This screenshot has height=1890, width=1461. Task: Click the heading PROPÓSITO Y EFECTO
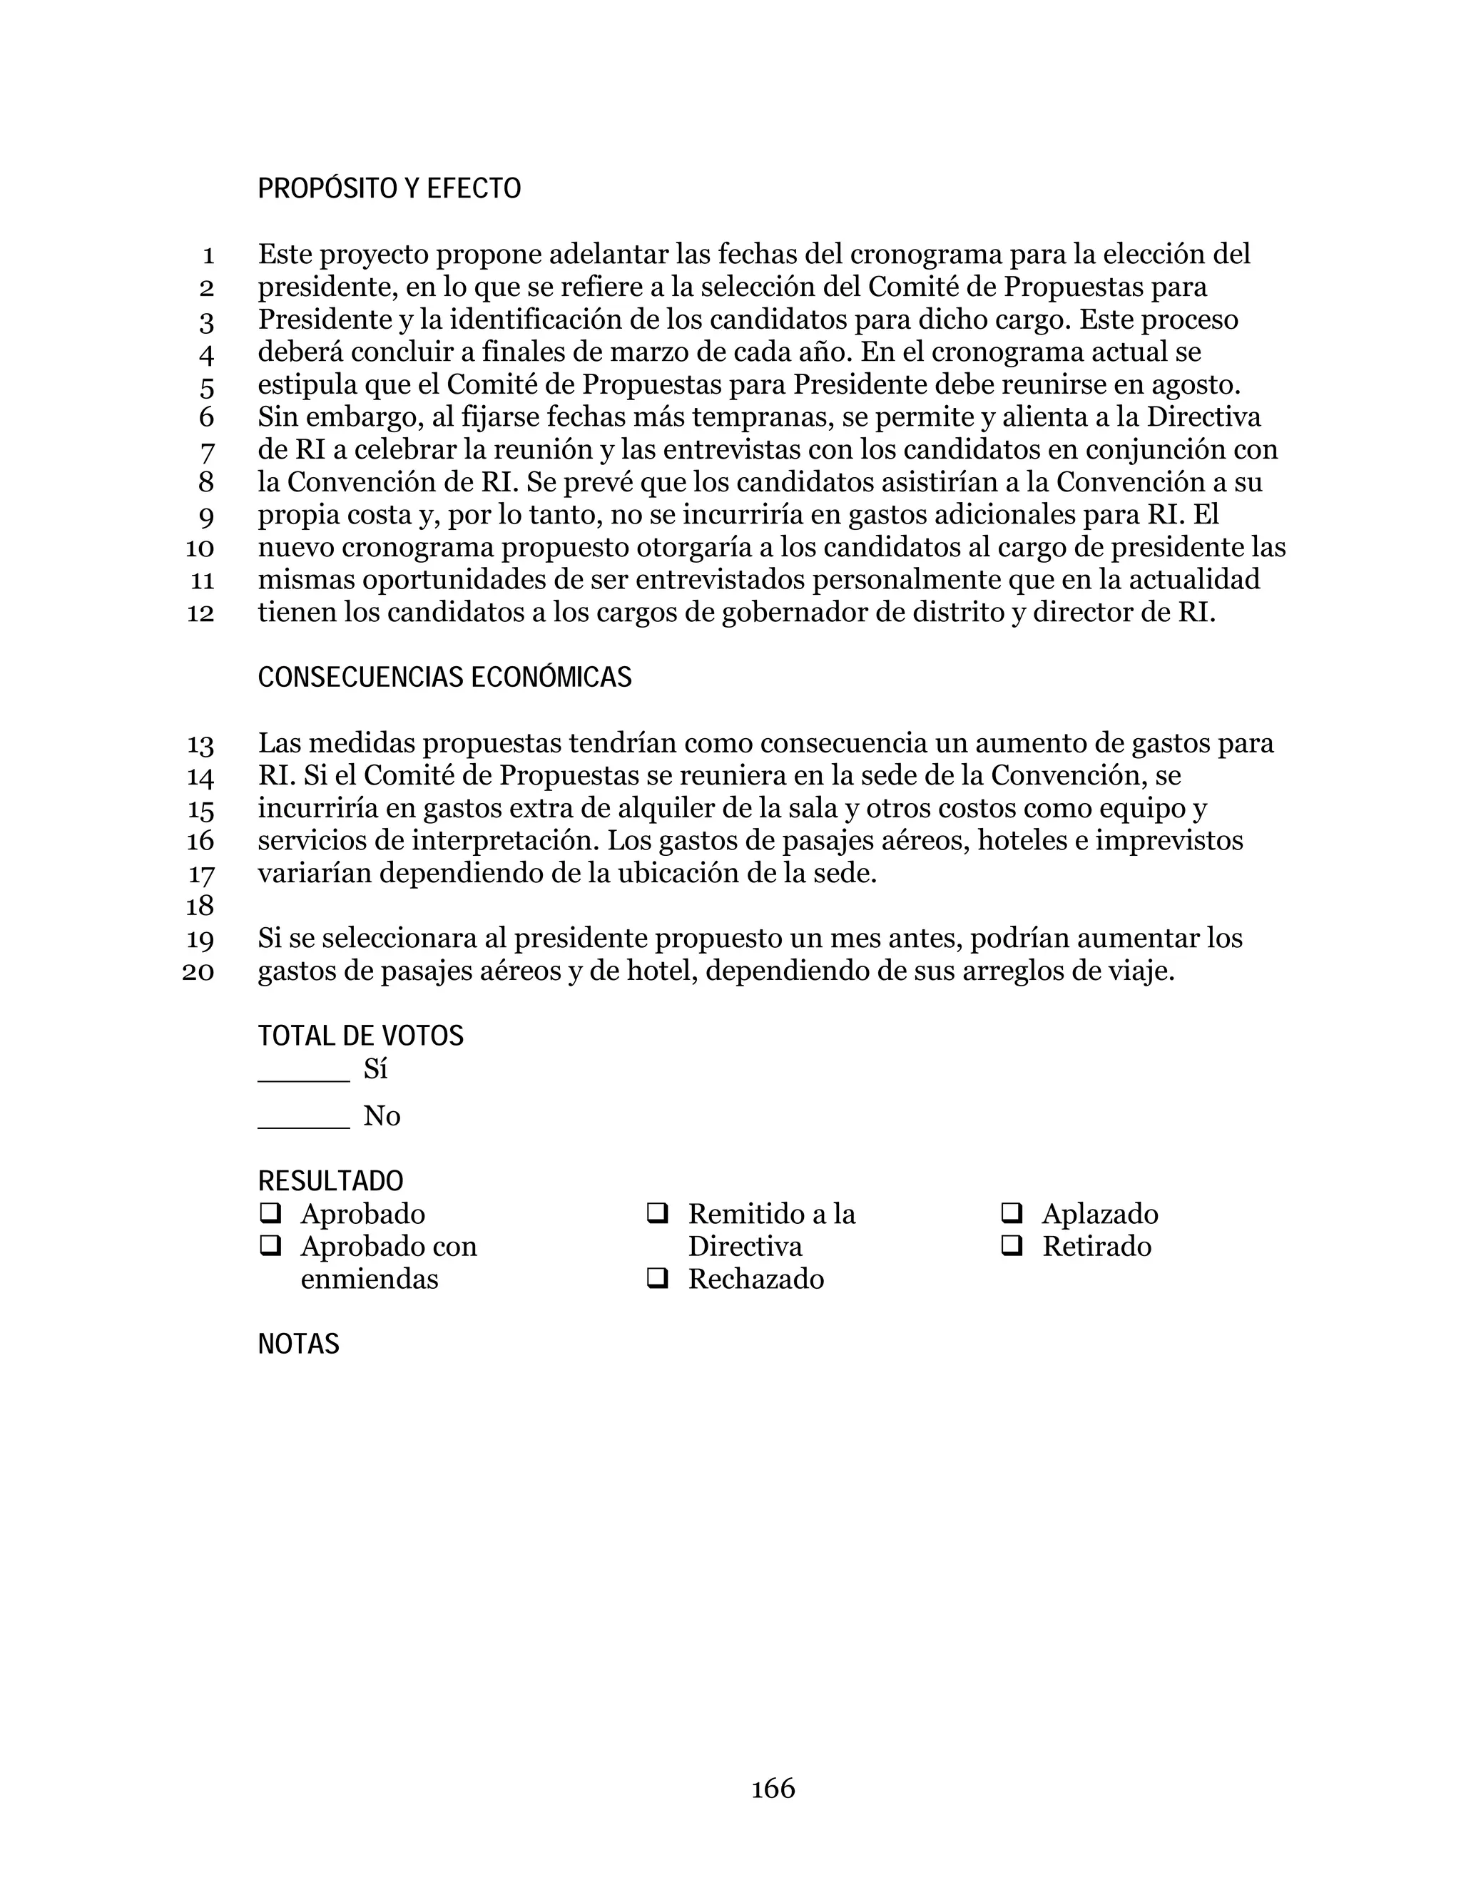click(389, 189)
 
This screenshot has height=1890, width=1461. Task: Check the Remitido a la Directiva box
click(657, 1213)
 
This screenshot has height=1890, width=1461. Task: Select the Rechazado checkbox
click(657, 1278)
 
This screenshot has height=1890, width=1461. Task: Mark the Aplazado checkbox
click(1011, 1213)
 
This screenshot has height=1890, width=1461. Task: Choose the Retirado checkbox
click(1011, 1246)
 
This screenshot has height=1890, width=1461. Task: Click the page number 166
click(772, 1789)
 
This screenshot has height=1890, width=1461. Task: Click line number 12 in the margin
click(200, 613)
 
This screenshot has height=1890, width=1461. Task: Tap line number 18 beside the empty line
click(200, 906)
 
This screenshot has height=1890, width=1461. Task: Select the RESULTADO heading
click(330, 1181)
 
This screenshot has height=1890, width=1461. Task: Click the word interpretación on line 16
click(504, 841)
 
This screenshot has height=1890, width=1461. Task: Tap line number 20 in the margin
click(198, 972)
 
